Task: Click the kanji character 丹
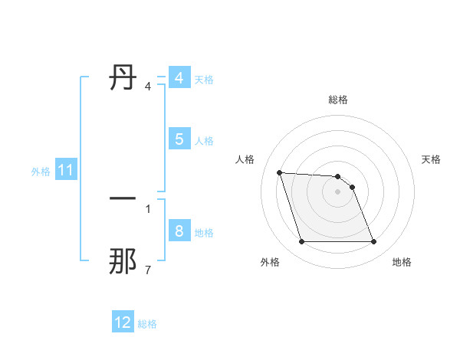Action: [x=123, y=78]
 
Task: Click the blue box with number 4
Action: [x=179, y=78]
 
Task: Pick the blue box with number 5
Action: [x=179, y=139]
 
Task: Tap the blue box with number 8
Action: [x=179, y=231]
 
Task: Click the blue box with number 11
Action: [x=65, y=171]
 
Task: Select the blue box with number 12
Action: [x=123, y=322]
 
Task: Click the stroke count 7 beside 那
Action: [x=147, y=270]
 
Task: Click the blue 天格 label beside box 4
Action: [x=204, y=79]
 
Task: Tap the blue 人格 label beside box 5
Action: [x=204, y=140]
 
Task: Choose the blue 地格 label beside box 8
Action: [x=204, y=232]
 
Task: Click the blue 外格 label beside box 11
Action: [x=41, y=172]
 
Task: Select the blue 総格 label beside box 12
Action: [x=147, y=324]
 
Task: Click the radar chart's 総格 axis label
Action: [x=338, y=100]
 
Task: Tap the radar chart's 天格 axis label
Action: [x=431, y=159]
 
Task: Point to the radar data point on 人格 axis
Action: [x=279, y=172]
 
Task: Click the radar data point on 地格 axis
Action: [x=373, y=242]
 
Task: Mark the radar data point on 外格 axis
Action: [x=301, y=242]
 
